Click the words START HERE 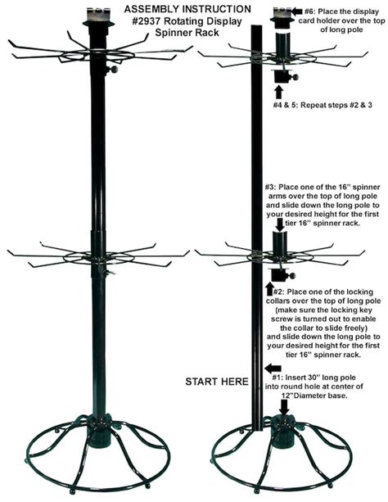click(x=217, y=382)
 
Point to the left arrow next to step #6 click(x=297, y=11)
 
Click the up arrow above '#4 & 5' click(x=279, y=93)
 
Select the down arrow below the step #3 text click(x=280, y=224)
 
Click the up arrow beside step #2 click(x=269, y=288)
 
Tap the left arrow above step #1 click(x=273, y=368)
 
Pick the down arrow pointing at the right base click(x=284, y=406)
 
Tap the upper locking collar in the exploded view click(x=284, y=76)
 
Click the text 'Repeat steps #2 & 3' click(x=336, y=105)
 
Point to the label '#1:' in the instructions click(x=277, y=378)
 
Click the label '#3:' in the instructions click(x=271, y=187)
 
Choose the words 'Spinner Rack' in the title click(x=187, y=32)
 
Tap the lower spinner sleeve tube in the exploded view click(x=280, y=242)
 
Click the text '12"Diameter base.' click(x=314, y=396)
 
